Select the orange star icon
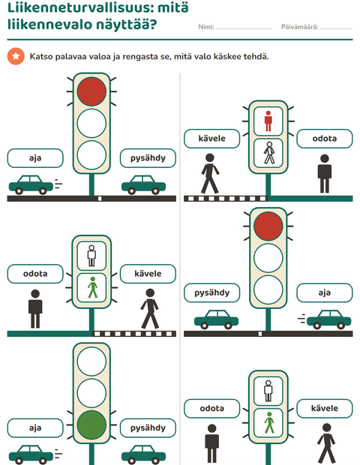16,56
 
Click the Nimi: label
206,27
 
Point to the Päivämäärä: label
300,27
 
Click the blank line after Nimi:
244,29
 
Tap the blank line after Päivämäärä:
337,29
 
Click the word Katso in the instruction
39,56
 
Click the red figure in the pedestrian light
268,121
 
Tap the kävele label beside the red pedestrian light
211,139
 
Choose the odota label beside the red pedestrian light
325,139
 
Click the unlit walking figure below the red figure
269,153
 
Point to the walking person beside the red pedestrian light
210,173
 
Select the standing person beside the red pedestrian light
325,173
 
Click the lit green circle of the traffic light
91,424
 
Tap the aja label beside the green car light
35,428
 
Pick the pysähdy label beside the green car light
148,428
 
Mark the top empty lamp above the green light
91,361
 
